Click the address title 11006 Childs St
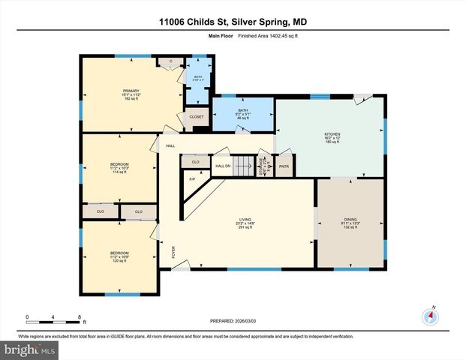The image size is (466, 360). click(233, 22)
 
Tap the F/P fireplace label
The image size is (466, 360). click(192, 179)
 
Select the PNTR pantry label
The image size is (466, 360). click(284, 166)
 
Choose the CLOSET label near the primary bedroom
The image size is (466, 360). click(196, 117)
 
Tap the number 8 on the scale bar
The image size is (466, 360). click(80, 316)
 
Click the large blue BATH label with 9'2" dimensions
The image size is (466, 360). click(243, 110)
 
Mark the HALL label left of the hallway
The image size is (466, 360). click(170, 145)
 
